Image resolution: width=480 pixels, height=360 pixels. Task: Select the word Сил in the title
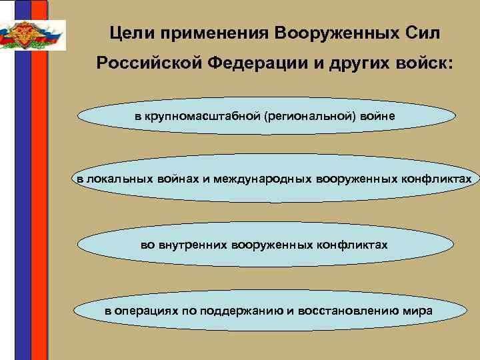[x=422, y=32]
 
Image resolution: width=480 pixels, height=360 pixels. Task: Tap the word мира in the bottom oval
[x=418, y=311]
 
